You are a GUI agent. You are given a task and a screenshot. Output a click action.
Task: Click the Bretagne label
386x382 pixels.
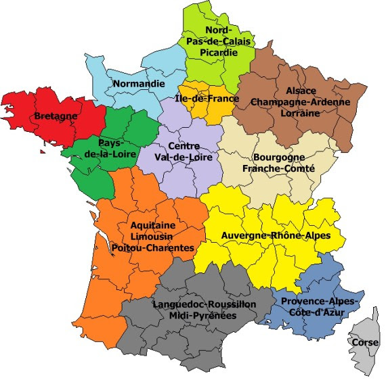(56, 116)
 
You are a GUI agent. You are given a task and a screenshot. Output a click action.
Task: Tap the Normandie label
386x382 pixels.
(140, 84)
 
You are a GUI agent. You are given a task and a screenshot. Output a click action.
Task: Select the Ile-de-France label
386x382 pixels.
(207, 99)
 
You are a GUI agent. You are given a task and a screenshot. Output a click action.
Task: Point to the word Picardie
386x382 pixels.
(218, 53)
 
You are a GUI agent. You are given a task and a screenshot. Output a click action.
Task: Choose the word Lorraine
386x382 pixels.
(300, 114)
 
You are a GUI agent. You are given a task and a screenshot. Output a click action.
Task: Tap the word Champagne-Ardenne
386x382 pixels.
(301, 102)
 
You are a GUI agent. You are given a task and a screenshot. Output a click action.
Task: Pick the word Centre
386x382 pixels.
(184, 146)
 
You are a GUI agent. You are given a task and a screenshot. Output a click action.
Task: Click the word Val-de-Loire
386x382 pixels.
(184, 158)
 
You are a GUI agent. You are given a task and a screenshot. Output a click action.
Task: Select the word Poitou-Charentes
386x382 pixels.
(156, 248)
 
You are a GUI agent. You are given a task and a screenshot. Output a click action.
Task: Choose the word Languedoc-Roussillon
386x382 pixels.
(205, 305)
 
